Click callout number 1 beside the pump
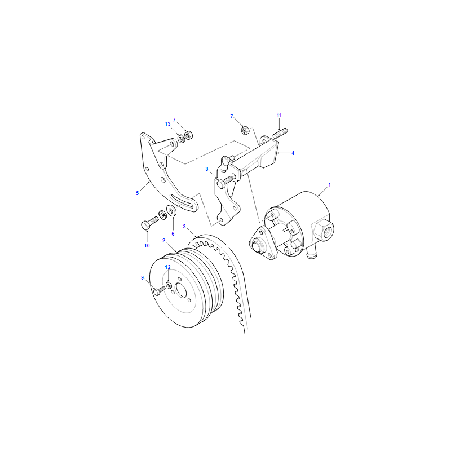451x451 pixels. (x=330, y=185)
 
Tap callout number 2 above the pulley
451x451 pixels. (x=163, y=241)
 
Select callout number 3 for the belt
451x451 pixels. (x=184, y=227)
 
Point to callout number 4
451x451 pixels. (x=293, y=153)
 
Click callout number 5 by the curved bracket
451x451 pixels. (x=137, y=193)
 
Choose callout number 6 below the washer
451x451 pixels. (x=173, y=234)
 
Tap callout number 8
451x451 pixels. (x=206, y=169)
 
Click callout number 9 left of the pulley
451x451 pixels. (x=142, y=278)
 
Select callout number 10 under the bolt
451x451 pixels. (x=147, y=246)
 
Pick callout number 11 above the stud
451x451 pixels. (x=279, y=116)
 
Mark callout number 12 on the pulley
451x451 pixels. (x=167, y=267)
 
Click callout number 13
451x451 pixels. (x=167, y=124)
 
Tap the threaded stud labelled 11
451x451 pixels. (x=280, y=133)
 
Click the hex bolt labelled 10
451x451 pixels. (x=149, y=223)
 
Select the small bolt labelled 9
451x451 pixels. (x=159, y=290)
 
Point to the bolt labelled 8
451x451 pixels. (x=226, y=182)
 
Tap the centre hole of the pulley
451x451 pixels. (x=181, y=290)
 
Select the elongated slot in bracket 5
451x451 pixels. (x=182, y=201)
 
